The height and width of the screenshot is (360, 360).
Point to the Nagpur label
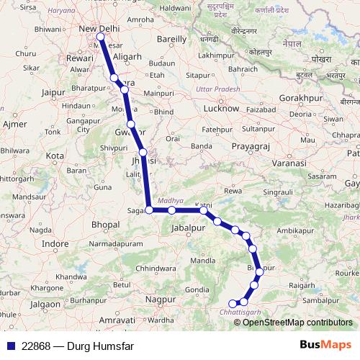(x=161, y=297)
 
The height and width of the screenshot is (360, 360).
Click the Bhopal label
(x=105, y=225)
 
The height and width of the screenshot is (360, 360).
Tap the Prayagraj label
(x=250, y=146)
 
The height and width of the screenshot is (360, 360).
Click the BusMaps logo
(x=325, y=345)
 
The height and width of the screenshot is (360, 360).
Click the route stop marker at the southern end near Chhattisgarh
(x=232, y=303)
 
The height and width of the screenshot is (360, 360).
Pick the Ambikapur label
(x=296, y=230)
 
